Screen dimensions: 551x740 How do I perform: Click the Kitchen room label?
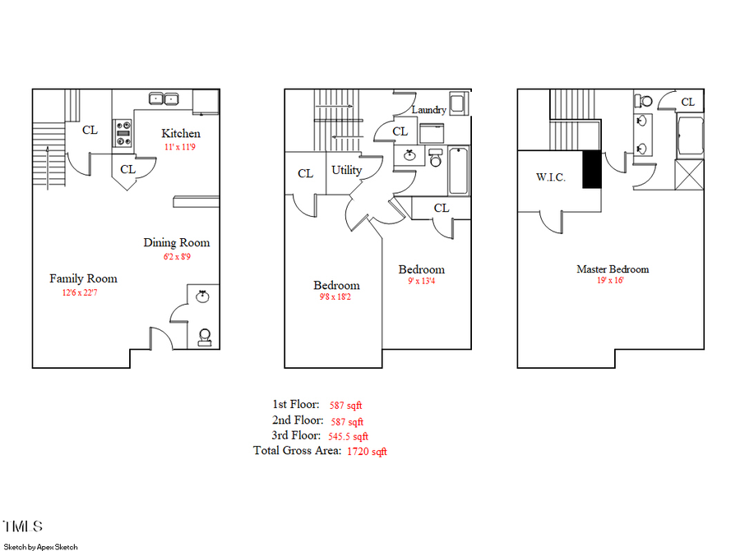(180, 133)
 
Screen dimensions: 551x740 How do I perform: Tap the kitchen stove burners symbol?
(124, 133)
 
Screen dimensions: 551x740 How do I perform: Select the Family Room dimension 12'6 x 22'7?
(83, 292)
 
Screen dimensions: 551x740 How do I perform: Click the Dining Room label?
(176, 242)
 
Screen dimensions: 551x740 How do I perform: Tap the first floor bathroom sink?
(203, 296)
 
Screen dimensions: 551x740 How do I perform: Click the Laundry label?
(428, 109)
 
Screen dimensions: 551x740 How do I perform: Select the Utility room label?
(346, 170)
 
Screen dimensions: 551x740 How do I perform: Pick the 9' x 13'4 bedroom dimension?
(422, 282)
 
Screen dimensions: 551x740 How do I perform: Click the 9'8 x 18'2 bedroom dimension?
(336, 298)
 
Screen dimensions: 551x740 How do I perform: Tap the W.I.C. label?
(550, 177)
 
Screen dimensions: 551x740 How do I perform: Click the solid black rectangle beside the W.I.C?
(591, 170)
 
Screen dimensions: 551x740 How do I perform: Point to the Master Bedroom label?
(613, 269)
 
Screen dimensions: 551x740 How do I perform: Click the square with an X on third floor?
(689, 175)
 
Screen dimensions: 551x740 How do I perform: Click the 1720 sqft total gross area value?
(366, 452)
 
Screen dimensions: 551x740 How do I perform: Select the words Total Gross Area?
(297, 451)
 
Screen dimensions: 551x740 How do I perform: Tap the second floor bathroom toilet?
(436, 159)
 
